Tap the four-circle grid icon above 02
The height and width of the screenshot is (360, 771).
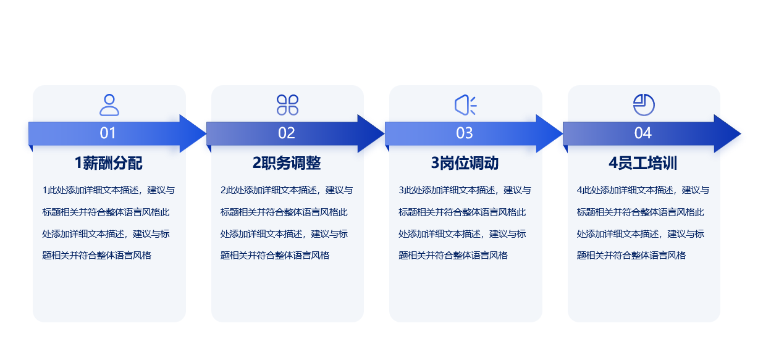[x=287, y=105]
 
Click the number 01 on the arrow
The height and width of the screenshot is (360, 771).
[x=107, y=133]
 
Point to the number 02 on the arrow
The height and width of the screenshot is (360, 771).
[x=287, y=133]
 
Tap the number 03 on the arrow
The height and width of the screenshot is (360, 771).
[x=465, y=133]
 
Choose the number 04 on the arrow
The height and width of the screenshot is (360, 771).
[x=642, y=133]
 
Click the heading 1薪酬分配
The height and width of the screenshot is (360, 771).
[x=109, y=163]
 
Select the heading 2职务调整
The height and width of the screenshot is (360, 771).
[x=287, y=163]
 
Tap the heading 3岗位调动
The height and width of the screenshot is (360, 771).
[x=465, y=163]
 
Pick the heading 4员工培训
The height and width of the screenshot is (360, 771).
[x=642, y=163]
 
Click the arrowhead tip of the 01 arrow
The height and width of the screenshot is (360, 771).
[x=206, y=133]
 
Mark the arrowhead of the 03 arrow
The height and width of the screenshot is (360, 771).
[x=549, y=133]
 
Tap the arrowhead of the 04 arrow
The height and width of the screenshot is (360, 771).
[x=727, y=133]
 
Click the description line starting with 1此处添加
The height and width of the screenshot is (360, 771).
[x=109, y=190]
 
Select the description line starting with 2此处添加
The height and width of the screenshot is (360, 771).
[x=287, y=190]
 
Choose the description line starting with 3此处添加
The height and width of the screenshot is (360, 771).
[x=465, y=190]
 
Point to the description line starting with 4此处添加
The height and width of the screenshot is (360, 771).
[x=643, y=190]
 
